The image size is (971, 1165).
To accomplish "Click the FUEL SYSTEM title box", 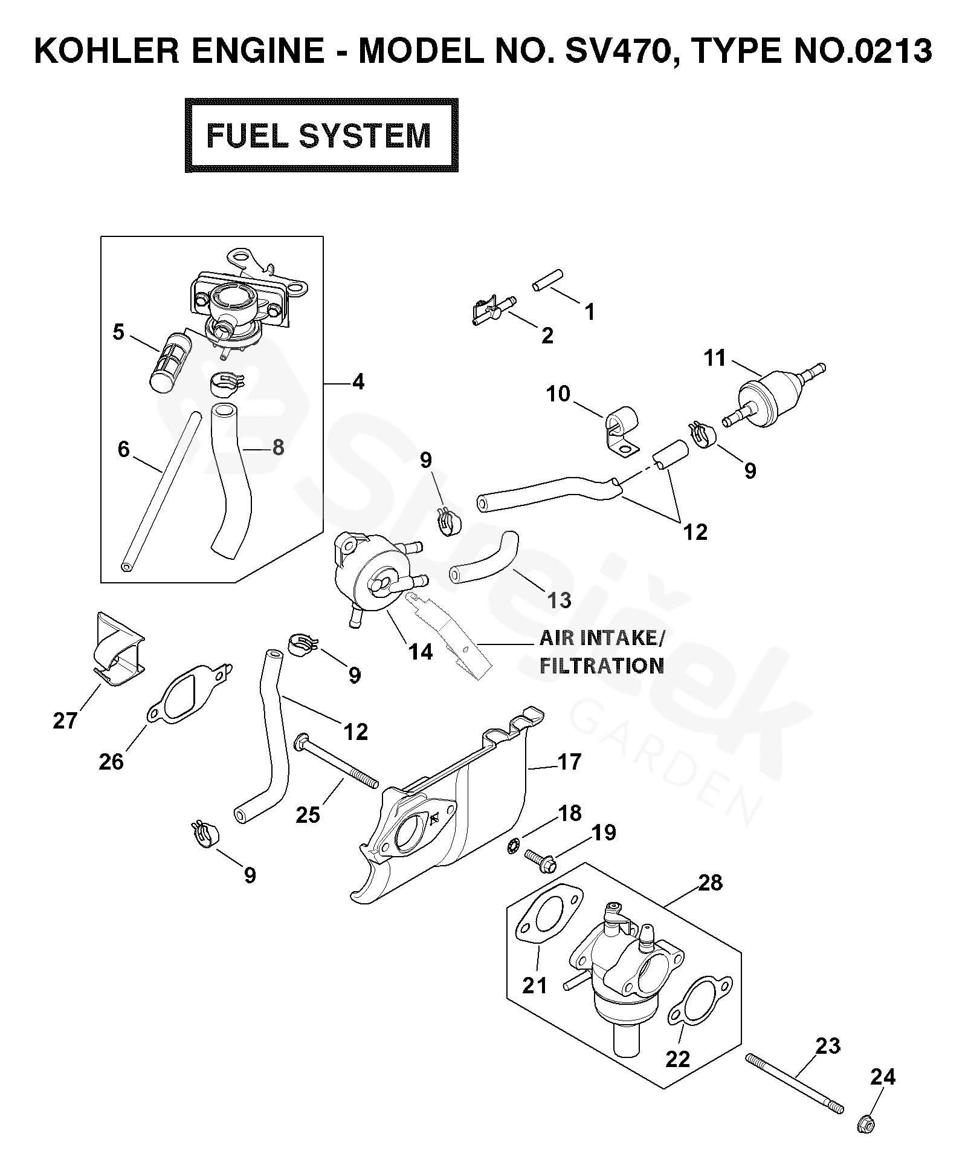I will (x=321, y=135).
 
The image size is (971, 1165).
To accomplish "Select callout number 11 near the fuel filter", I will (x=715, y=358).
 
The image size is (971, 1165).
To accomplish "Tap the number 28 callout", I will (x=710, y=882).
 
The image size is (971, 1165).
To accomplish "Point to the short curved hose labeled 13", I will (x=483, y=556).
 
